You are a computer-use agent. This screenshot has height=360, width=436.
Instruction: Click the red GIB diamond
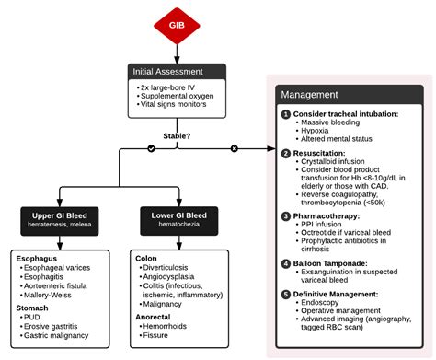(174, 24)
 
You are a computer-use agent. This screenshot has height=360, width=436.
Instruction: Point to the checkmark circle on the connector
(152, 148)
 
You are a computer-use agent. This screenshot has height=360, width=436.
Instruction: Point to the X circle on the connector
(234, 148)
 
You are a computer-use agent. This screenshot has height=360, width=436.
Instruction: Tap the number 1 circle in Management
(286, 113)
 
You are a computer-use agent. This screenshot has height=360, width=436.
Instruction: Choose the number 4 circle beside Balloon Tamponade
(286, 265)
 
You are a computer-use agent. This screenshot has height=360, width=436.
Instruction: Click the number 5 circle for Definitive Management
(286, 296)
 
